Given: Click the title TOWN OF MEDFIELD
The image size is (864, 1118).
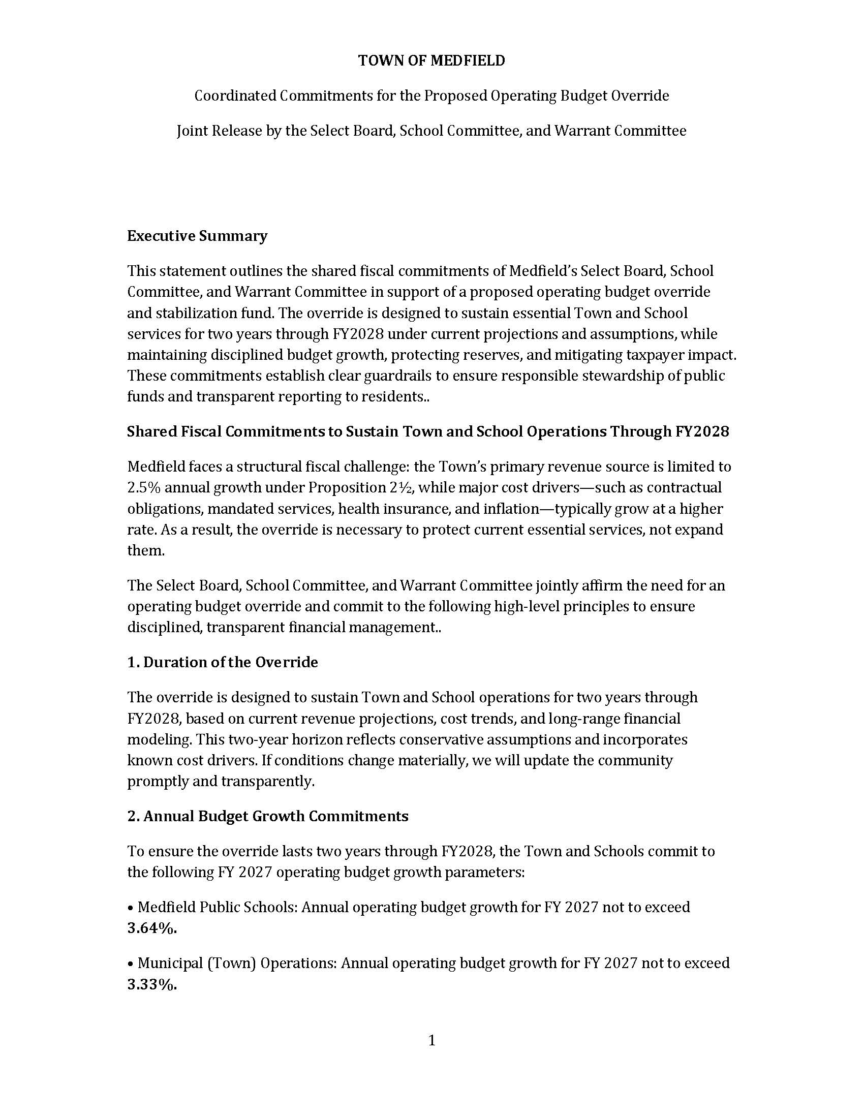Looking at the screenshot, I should (431, 60).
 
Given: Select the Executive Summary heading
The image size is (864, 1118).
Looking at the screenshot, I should (197, 236).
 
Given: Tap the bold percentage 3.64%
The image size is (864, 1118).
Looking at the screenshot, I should (152, 928).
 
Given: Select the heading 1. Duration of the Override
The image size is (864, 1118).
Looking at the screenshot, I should (223, 662).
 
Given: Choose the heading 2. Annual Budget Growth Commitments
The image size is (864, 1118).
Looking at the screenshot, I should (268, 816).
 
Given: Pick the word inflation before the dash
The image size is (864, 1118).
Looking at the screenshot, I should (520, 509).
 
